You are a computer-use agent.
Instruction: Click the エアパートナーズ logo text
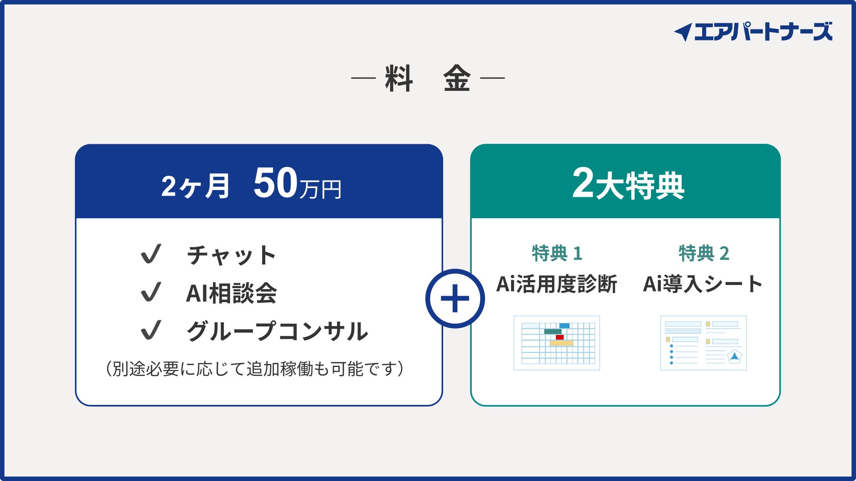763,32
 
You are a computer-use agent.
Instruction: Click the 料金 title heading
428,78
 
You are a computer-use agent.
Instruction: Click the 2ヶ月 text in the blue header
195,186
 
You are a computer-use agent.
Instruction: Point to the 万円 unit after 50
321,189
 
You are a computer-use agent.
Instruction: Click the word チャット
231,255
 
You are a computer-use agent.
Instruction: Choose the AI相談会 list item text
231,293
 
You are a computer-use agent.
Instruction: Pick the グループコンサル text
277,331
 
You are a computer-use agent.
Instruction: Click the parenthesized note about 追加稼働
255,369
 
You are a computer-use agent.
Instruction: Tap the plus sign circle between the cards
455,298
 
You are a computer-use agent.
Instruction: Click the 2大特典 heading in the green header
628,183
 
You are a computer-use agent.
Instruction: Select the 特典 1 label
557,253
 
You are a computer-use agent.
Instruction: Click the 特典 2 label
704,253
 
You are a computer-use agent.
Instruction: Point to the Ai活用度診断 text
557,284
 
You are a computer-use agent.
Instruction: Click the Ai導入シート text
703,284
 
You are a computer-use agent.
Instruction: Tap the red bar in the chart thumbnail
560,337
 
